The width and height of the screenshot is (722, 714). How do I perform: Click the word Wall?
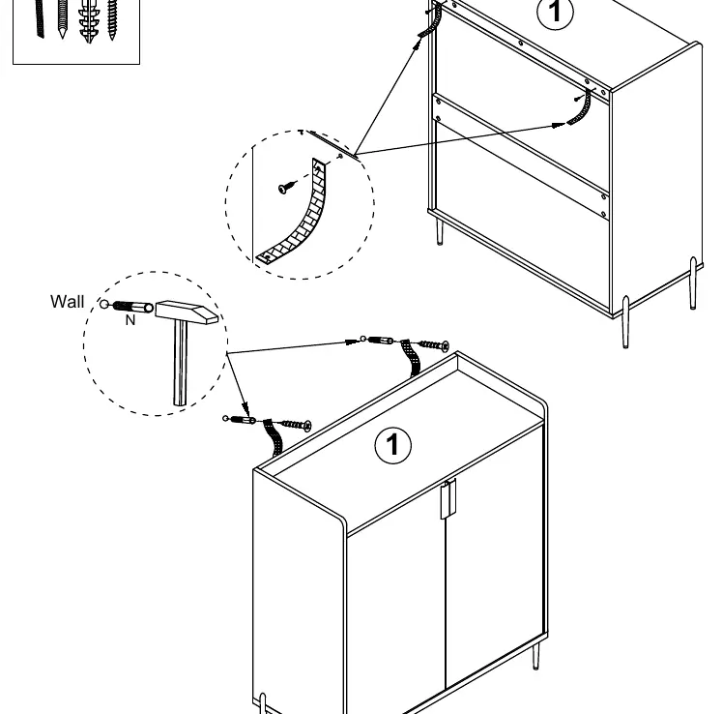click(68, 302)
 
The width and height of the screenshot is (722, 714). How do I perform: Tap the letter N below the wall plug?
click(130, 320)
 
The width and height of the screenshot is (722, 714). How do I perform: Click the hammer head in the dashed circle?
click(187, 312)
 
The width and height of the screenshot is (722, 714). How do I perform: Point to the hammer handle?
click(181, 363)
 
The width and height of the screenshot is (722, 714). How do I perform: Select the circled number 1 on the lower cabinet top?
click(392, 445)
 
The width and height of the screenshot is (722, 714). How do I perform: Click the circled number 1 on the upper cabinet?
click(556, 12)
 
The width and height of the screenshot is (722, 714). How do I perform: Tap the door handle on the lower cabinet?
click(448, 499)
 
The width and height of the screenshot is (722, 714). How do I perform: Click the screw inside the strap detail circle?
click(287, 187)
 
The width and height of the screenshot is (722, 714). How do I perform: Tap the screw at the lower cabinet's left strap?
click(296, 425)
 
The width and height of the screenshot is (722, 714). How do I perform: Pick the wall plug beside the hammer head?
click(132, 307)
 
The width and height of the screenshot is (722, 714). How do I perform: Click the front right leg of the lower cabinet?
click(536, 656)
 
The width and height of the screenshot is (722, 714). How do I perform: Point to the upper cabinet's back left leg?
click(439, 231)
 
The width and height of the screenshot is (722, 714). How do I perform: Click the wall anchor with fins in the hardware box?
click(88, 20)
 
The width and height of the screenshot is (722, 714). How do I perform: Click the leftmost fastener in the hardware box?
click(40, 18)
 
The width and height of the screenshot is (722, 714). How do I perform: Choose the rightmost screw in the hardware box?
click(112, 19)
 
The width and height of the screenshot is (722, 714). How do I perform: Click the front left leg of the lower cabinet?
click(263, 703)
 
